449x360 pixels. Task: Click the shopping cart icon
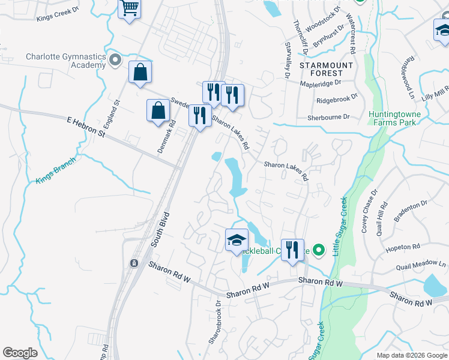pyautogui.click(x=129, y=9)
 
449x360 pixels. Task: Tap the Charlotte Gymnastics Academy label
pyautogui.click(x=66, y=61)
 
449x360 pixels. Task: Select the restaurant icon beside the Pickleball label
pyautogui.click(x=292, y=250)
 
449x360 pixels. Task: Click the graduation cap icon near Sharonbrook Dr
pyautogui.click(x=237, y=241)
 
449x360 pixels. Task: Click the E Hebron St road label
pyautogui.click(x=85, y=127)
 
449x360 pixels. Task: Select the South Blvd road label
pyautogui.click(x=158, y=229)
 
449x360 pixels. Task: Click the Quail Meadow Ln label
pyautogui.click(x=421, y=265)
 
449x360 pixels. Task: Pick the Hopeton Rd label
pyautogui.click(x=403, y=247)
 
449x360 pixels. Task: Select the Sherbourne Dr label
pyautogui.click(x=328, y=118)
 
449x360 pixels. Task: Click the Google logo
pyautogui.click(x=20, y=353)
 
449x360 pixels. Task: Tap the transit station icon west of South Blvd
pyautogui.click(x=134, y=263)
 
